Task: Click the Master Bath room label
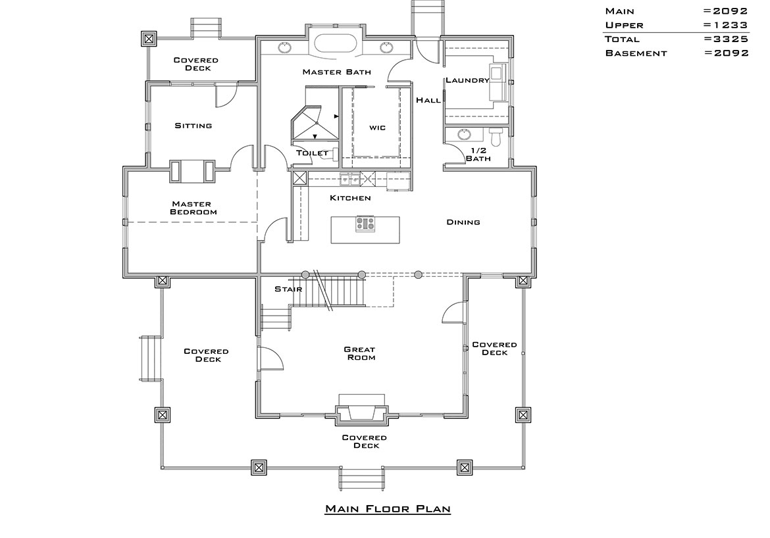tap(336, 72)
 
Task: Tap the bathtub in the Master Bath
tap(336, 43)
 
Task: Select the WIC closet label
tap(377, 128)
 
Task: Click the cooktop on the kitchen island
tap(365, 224)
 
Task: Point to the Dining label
tap(463, 222)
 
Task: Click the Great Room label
tap(359, 353)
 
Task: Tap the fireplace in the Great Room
tap(361, 408)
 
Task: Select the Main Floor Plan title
tap(388, 509)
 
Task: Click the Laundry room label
tap(467, 80)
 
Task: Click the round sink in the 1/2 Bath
tap(463, 134)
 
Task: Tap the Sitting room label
tap(193, 126)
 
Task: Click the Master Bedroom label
tap(193, 208)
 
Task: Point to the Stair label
tap(288, 289)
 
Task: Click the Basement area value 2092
tap(727, 53)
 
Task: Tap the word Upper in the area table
tap(624, 25)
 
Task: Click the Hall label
tap(428, 100)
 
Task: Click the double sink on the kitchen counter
tap(350, 179)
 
